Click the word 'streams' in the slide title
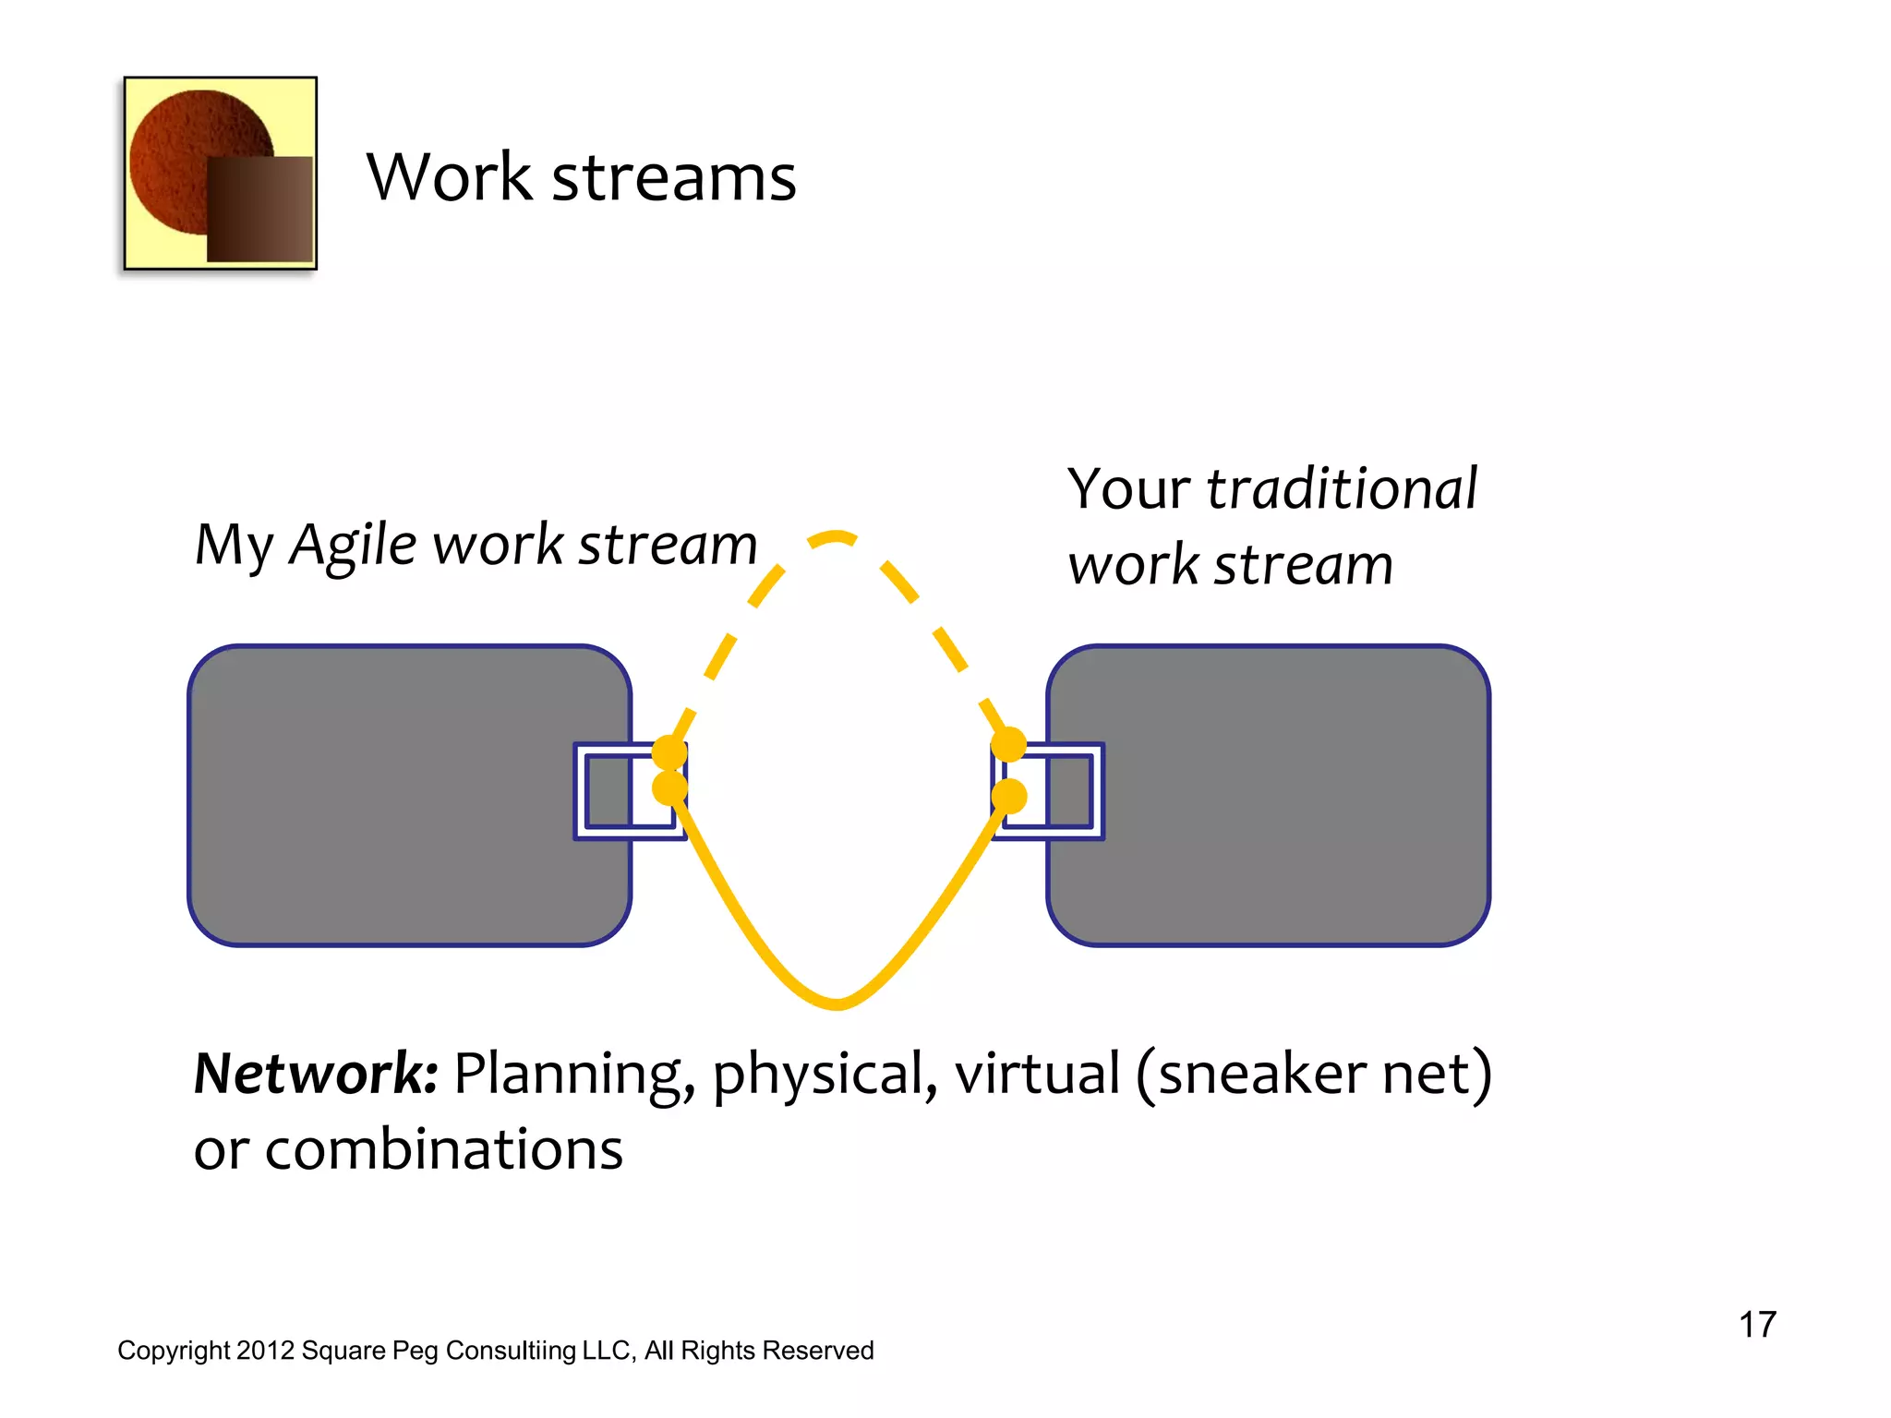pos(673,178)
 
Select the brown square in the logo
pos(259,209)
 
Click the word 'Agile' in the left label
pos(353,546)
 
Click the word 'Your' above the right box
pos(1128,489)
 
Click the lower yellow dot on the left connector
pos(669,788)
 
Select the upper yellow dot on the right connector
pos(1008,744)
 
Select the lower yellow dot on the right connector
pos(1008,796)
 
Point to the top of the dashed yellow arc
pos(836,536)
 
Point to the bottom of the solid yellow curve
pos(837,1003)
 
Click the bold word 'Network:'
pos(315,1075)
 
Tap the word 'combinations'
pos(443,1150)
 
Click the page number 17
pos(1757,1325)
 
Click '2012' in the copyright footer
pos(265,1351)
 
